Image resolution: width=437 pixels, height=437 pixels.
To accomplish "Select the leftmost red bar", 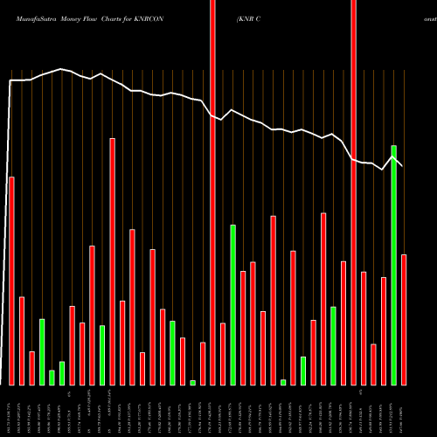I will coord(11,281).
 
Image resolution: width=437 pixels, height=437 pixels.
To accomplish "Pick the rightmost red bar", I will coord(404,319).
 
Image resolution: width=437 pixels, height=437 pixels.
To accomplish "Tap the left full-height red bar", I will coord(212,192).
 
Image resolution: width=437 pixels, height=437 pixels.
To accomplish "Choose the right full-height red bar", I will coord(353,192).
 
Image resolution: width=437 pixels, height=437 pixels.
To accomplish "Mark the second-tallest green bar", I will coord(232,304).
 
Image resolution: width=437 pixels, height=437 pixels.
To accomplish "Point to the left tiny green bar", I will coord(192,382).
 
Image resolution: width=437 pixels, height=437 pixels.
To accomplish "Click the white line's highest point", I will coord(61,69).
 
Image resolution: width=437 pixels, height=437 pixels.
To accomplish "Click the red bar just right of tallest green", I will coord(404,319).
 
